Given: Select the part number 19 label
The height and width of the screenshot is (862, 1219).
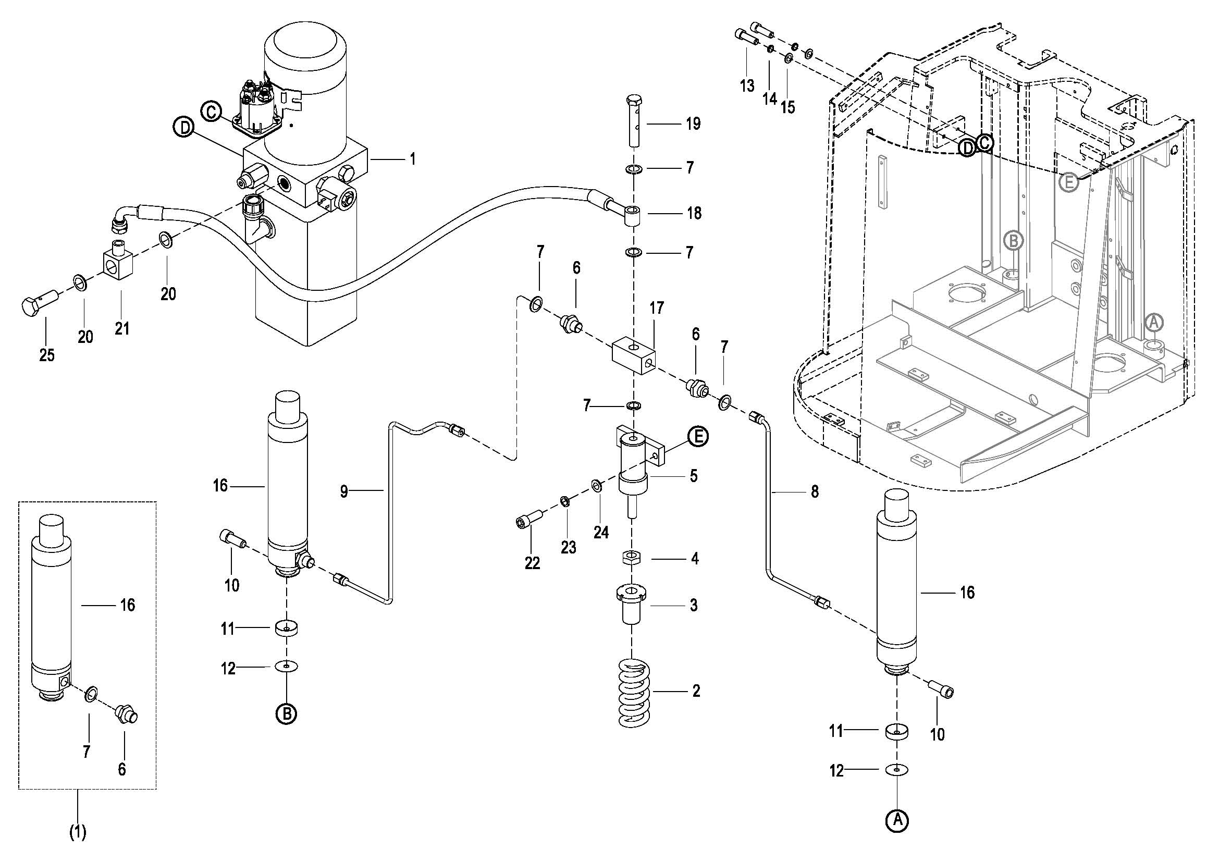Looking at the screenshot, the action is (x=693, y=124).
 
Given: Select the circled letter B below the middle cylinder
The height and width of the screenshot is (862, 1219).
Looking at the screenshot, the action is (x=286, y=714).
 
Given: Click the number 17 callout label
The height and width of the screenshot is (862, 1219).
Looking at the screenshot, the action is (x=657, y=308).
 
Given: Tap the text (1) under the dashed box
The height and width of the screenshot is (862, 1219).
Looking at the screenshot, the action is (x=78, y=832).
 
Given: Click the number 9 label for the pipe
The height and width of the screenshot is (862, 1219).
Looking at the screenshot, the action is (x=344, y=491).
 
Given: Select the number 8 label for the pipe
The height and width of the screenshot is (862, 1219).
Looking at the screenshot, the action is (x=815, y=491).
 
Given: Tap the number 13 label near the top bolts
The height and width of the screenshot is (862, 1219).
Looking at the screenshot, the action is (x=747, y=85).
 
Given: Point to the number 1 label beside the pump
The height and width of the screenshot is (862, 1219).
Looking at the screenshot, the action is (x=413, y=159).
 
